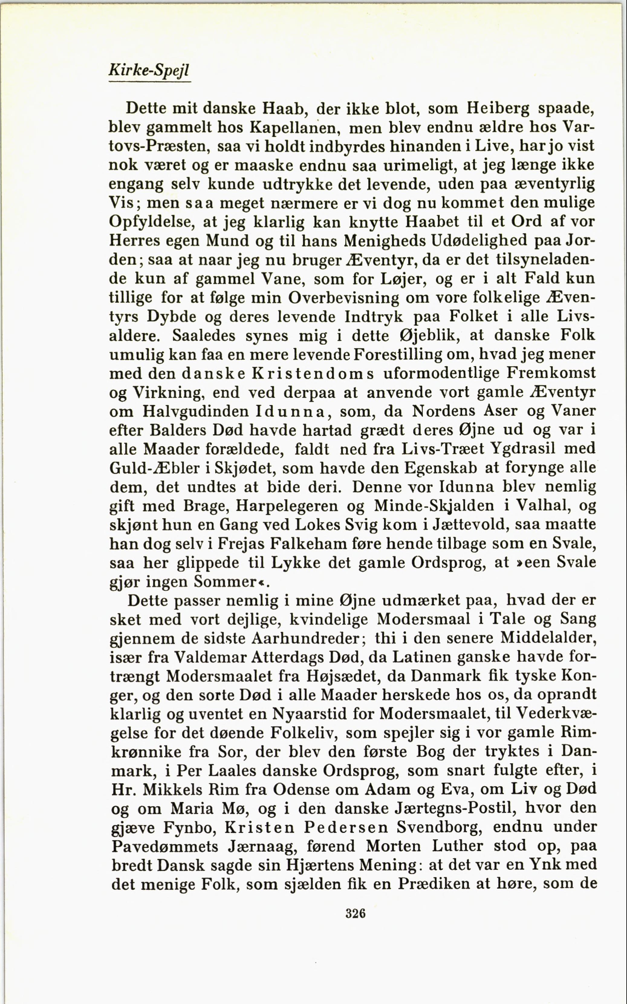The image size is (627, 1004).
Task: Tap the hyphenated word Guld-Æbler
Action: (154, 468)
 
